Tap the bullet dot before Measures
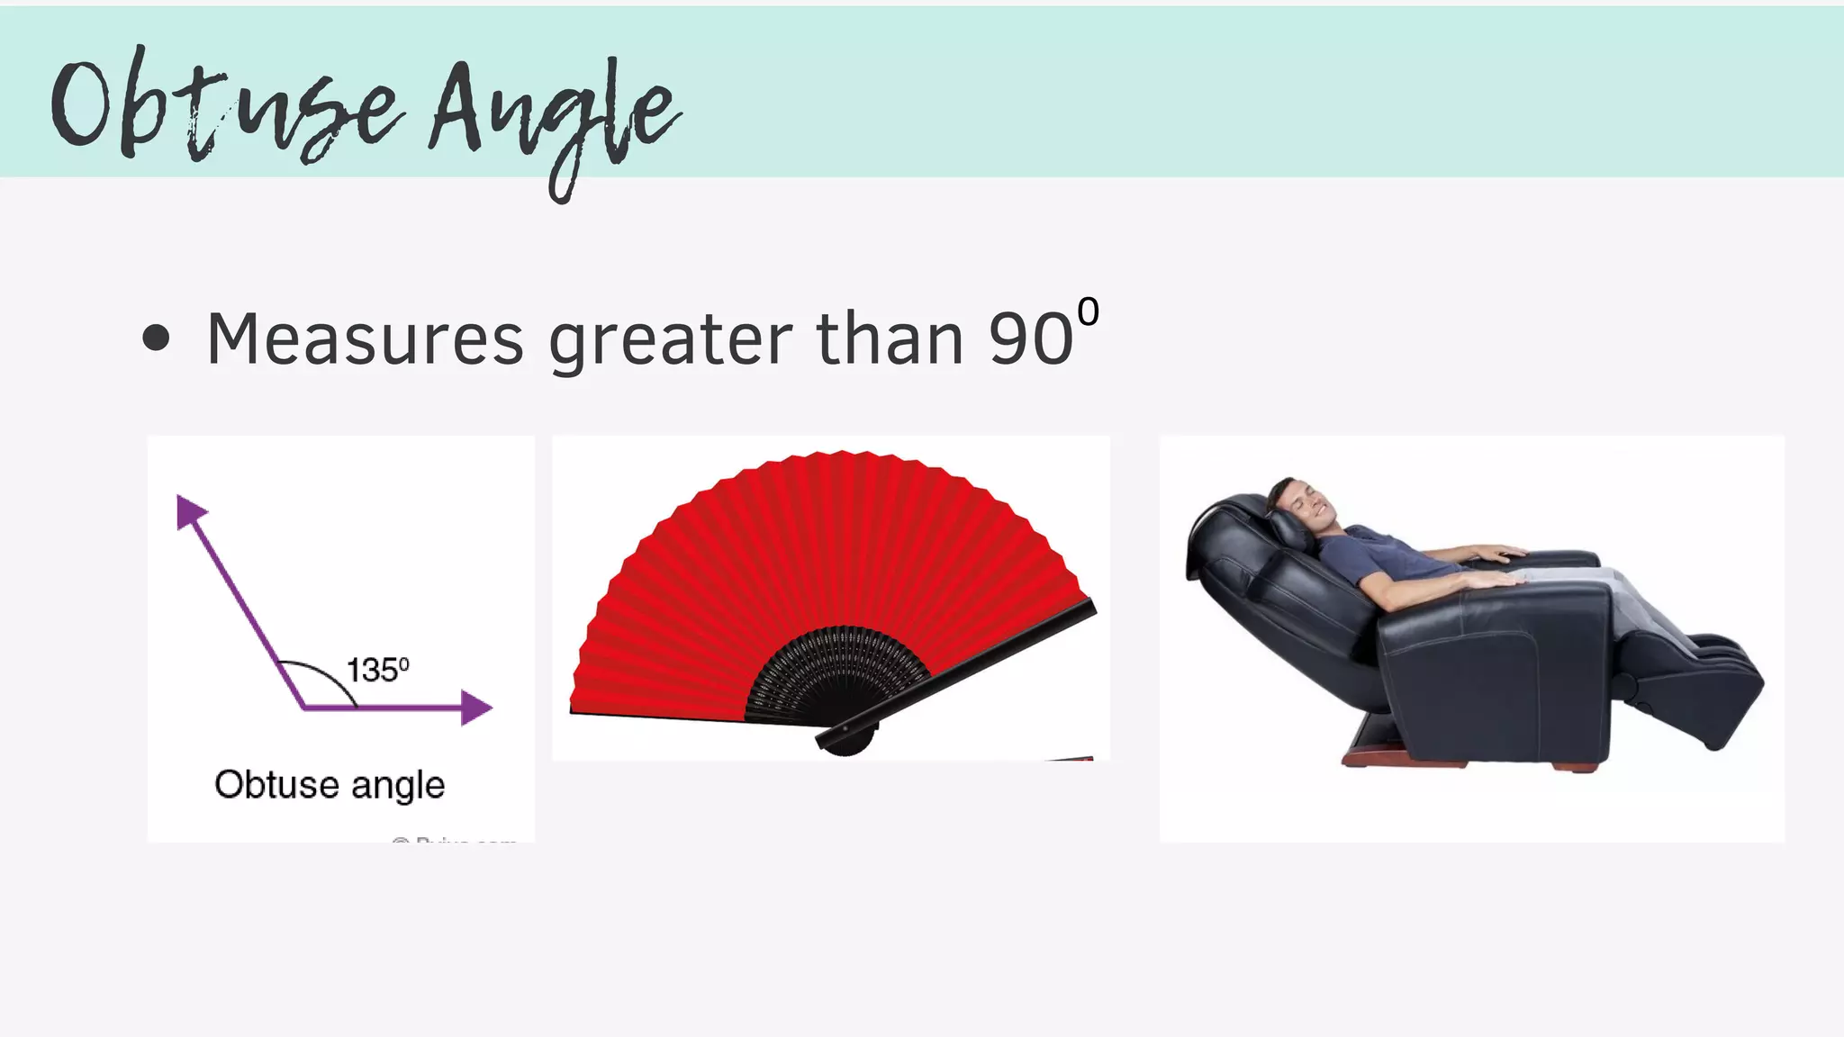click(156, 338)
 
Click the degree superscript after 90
click(1088, 312)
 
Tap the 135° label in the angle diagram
click(377, 670)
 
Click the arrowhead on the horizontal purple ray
click(475, 708)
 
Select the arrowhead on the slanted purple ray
click(189, 510)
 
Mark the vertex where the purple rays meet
click(304, 708)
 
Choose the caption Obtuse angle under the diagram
click(330, 784)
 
